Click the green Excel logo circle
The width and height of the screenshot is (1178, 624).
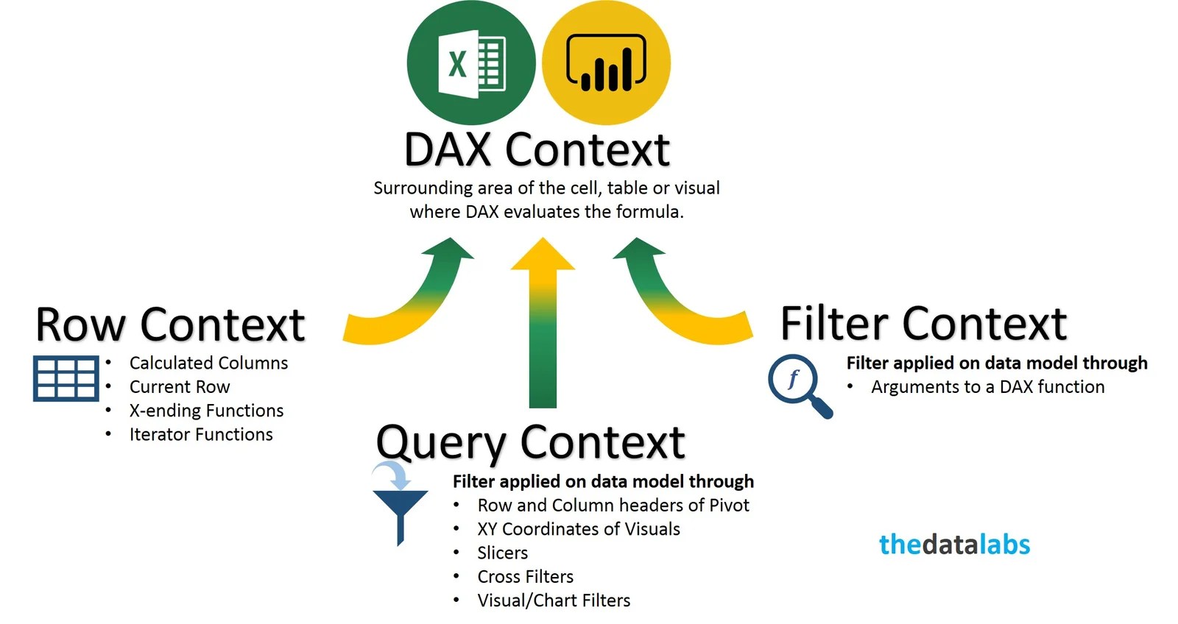coord(470,62)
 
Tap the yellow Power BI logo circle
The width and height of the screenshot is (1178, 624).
coord(606,62)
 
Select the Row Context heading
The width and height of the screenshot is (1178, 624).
coord(170,325)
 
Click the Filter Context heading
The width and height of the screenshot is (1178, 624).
coord(923,323)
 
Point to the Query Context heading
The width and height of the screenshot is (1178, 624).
coord(530,442)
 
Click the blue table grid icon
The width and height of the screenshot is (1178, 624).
coord(66,378)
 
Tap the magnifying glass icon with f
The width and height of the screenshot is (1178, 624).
coord(798,385)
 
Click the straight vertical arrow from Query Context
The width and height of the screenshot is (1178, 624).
coord(543,331)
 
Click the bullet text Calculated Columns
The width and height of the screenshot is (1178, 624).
coord(208,363)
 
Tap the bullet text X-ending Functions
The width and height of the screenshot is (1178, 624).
coord(206,411)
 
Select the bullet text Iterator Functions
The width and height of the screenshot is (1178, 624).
coord(201,435)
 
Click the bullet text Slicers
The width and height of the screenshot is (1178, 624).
coord(502,553)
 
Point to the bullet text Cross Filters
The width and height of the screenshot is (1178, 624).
coord(525,577)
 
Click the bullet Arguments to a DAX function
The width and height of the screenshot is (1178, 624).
coord(987,387)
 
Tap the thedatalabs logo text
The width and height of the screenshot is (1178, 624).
coord(954,545)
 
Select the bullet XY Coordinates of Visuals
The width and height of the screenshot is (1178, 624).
coord(579,529)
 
